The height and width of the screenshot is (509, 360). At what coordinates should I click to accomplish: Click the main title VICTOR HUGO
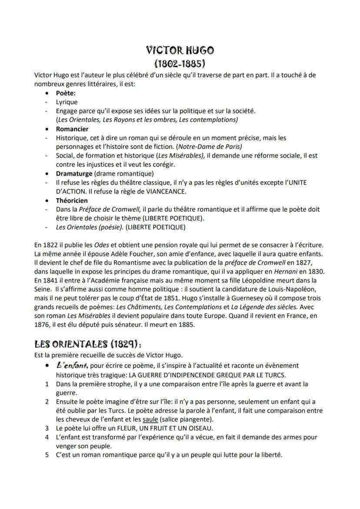coord(180,50)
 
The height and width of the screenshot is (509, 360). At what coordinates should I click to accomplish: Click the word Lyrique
coord(67,102)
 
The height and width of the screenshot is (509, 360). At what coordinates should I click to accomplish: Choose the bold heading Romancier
coord(72,129)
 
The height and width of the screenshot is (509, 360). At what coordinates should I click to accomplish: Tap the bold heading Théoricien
coord(72,200)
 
